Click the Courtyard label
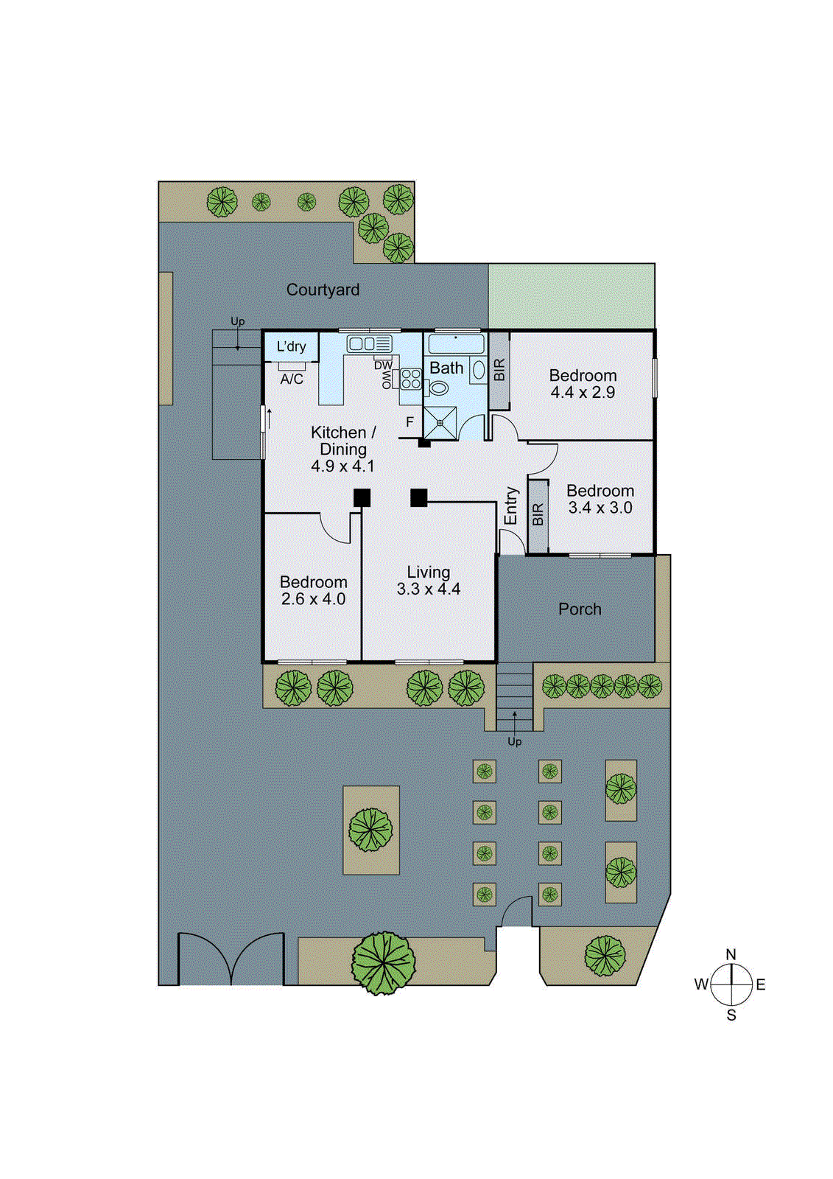323,290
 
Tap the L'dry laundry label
291,346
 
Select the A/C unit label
292,379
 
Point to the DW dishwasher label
383,365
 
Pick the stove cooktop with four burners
410,379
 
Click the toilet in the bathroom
439,388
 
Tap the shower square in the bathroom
440,423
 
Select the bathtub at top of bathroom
456,343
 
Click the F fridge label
410,422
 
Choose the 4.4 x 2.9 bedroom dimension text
583,393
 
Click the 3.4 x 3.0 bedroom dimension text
600,508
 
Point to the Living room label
429,572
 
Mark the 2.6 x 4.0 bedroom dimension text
313,599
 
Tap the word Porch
580,609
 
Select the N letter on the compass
731,954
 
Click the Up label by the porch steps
514,741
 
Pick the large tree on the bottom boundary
383,962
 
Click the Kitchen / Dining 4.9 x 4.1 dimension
342,466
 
